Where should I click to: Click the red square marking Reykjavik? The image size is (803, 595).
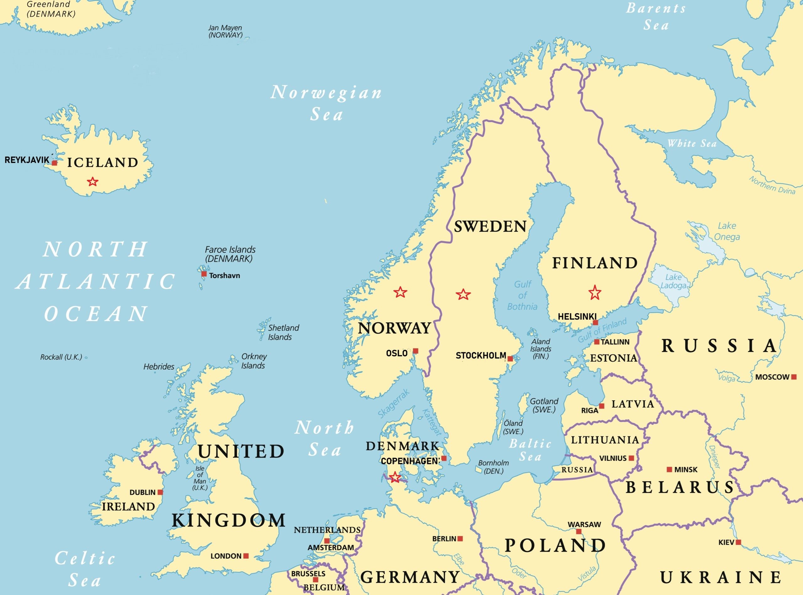coord(55,163)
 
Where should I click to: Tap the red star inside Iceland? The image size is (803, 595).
coord(93,182)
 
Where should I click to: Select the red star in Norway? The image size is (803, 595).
coord(400,292)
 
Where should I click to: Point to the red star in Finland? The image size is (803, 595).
coord(595,292)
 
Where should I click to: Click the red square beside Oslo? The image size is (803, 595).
coord(416,351)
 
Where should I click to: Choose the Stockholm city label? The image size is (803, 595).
coord(481,356)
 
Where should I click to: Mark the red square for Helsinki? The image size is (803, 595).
coord(595,322)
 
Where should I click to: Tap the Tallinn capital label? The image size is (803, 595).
coord(615,342)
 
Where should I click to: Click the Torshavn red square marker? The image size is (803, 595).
coord(204,274)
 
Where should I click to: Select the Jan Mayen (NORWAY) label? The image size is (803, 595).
coord(225,31)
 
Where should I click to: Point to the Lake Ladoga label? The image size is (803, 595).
coord(673,281)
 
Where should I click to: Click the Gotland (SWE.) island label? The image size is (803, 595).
coord(544,405)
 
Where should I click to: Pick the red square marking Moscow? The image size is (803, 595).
coord(794,377)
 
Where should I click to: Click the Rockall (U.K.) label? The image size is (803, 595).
coord(61,357)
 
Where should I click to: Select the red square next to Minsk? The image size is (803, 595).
coord(669,470)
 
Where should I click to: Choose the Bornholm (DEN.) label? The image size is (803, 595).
coord(493,467)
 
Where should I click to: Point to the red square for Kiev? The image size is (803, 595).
coord(738,542)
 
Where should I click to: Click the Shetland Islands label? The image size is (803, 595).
coord(283,332)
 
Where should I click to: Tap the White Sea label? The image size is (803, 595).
coord(692,143)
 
